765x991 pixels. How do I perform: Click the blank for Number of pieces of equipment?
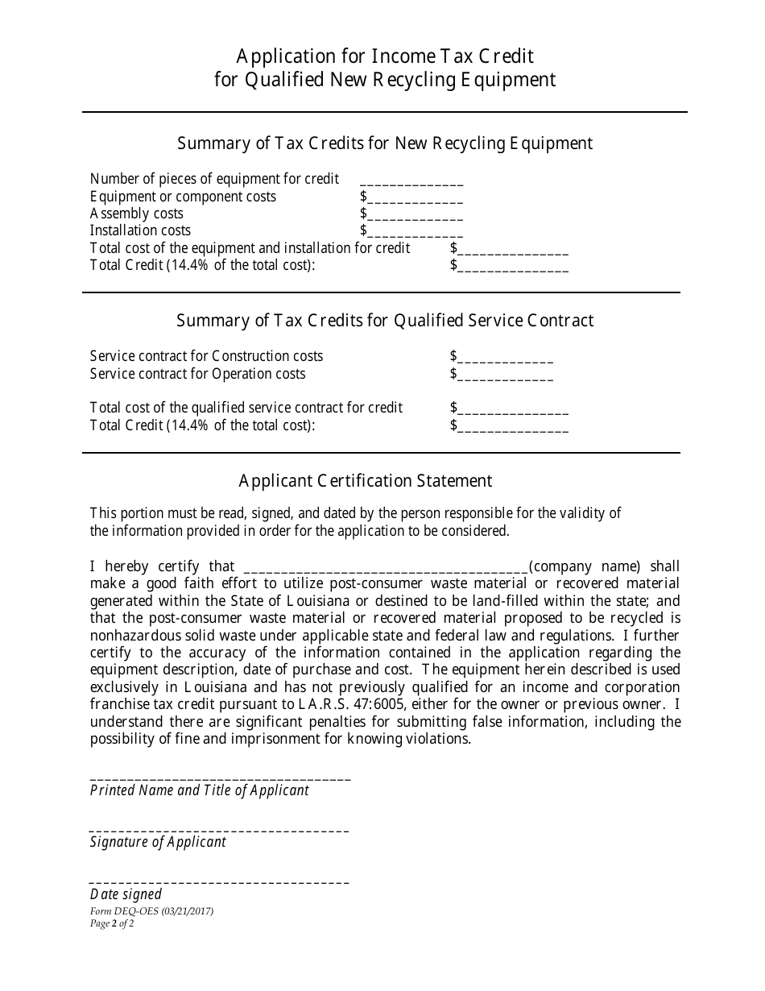pyautogui.click(x=411, y=180)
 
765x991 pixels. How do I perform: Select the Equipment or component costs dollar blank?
pyautogui.click(x=415, y=197)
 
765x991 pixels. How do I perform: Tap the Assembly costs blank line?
pyautogui.click(x=415, y=214)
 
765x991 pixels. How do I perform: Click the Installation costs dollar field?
pyautogui.click(x=415, y=231)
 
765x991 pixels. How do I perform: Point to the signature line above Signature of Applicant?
pyautogui.click(x=219, y=829)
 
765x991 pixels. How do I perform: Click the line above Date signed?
pyautogui.click(x=219, y=881)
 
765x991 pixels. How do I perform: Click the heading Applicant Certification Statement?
pyautogui.click(x=365, y=481)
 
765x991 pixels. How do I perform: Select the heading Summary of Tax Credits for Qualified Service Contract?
pyautogui.click(x=385, y=321)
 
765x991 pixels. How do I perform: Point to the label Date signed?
pyautogui.click(x=126, y=894)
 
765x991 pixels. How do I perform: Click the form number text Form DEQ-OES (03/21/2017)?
pyautogui.click(x=151, y=912)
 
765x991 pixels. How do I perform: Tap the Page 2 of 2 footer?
pyautogui.click(x=112, y=924)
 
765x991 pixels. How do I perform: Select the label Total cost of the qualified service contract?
pyautogui.click(x=246, y=408)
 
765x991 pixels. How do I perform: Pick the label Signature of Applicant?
pyautogui.click(x=158, y=842)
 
